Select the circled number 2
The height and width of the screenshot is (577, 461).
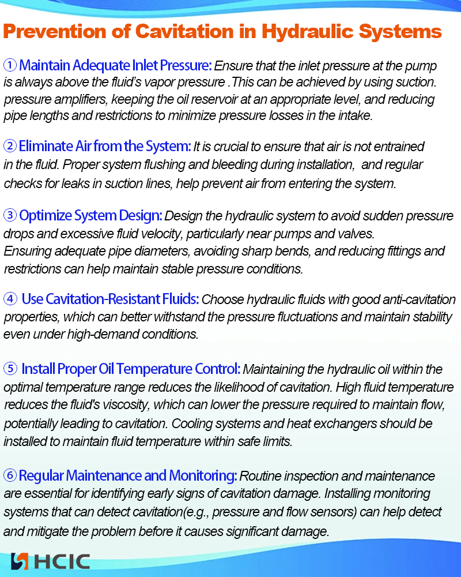10,145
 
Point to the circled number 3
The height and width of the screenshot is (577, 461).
10,216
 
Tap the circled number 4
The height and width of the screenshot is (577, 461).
10,299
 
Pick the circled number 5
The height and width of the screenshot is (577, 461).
10,368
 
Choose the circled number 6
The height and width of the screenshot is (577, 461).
10,476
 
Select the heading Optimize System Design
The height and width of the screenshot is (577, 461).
90,216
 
